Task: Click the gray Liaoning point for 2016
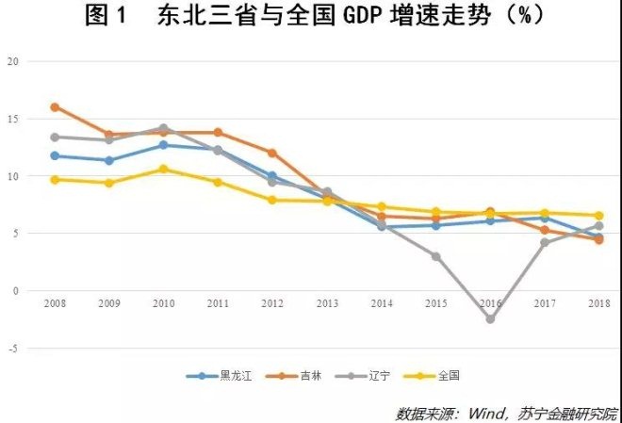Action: coord(490,319)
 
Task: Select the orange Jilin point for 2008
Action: coord(55,107)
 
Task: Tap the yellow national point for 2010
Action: coord(163,170)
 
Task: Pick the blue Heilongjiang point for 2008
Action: coord(55,156)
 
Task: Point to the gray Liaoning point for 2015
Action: coord(435,256)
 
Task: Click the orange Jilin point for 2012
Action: coord(272,153)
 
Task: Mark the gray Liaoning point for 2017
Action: coord(544,242)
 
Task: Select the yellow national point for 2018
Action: coord(598,216)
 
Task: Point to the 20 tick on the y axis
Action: coord(12,61)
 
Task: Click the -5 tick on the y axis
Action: coord(12,349)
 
